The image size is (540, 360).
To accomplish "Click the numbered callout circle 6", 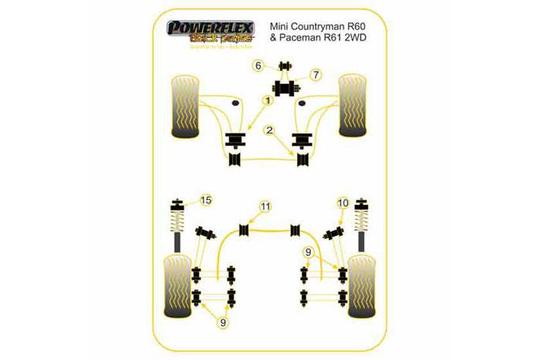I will pos(259,66).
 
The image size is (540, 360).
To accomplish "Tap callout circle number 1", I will pos(267,100).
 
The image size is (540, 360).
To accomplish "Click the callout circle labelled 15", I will pos(205,202).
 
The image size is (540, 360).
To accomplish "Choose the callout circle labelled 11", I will pos(265,206).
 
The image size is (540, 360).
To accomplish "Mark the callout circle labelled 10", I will pos(343,203).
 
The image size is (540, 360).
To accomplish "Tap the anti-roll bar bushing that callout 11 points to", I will pos(246,230).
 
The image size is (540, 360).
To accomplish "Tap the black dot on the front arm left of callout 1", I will pos(234,101).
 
